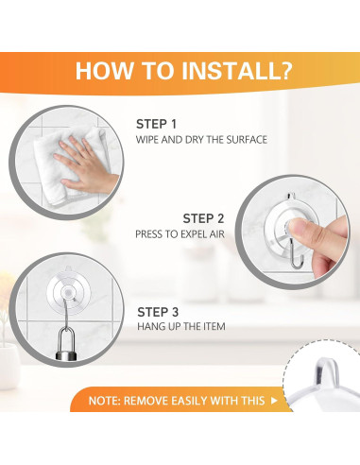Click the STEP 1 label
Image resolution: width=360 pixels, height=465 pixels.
[x=156, y=124]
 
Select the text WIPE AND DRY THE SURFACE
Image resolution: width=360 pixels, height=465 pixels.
[x=201, y=140]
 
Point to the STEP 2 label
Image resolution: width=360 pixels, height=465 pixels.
[x=203, y=218]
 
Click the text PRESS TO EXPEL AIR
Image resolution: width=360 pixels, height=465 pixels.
[x=180, y=234]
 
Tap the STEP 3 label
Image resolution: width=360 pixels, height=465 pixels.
[x=158, y=312]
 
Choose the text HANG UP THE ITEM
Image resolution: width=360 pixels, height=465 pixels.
[x=181, y=326]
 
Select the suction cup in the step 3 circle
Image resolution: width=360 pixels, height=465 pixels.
[x=67, y=290]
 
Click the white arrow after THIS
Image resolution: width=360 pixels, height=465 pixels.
[x=274, y=401]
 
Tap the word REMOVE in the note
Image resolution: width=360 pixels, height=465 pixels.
[x=146, y=401]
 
